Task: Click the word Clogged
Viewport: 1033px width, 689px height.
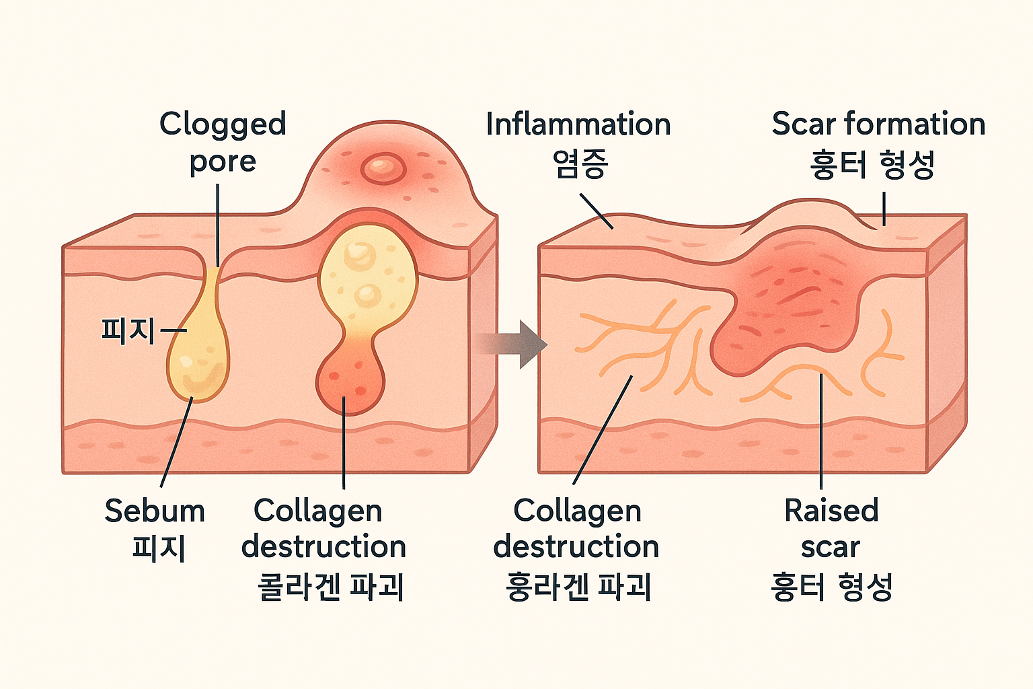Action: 223,125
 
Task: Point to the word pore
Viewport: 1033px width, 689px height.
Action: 223,162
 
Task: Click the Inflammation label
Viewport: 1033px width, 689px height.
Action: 578,125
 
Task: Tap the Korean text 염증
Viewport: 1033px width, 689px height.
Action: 580,164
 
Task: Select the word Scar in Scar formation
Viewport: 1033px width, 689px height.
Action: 804,124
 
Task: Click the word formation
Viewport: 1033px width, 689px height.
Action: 915,124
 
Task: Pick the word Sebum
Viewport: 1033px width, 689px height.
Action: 155,511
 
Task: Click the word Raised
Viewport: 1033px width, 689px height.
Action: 831,511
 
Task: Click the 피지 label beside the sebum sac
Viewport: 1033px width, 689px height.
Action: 128,330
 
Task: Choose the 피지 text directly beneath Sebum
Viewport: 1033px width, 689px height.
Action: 159,548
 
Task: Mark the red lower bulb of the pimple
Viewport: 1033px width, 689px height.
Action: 350,384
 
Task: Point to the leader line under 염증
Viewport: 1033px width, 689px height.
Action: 596,211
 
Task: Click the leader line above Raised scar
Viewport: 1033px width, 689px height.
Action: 821,431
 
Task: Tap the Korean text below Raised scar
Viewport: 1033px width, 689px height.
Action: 831,586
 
